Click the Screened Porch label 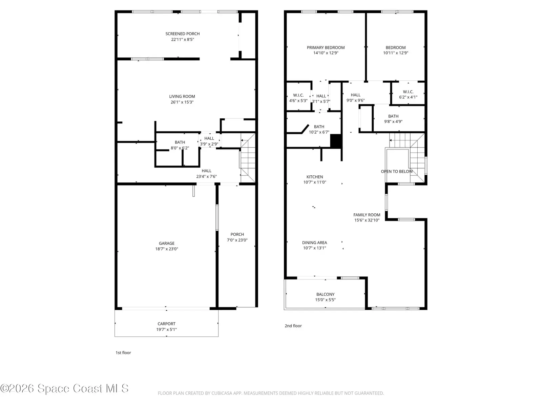(183, 34)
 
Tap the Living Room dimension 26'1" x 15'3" (182, 102)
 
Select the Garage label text (167, 244)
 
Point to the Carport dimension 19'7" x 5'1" (166, 329)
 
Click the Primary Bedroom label (326, 47)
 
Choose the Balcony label (326, 294)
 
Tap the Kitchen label (315, 177)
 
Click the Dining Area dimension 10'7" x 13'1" (315, 248)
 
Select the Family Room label (367, 215)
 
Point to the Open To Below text (397, 172)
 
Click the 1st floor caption (123, 353)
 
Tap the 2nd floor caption (293, 326)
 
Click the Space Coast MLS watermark (64, 388)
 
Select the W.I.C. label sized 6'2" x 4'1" (408, 92)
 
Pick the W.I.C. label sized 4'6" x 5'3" (298, 95)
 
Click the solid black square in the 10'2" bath (336, 141)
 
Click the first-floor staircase (248, 158)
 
